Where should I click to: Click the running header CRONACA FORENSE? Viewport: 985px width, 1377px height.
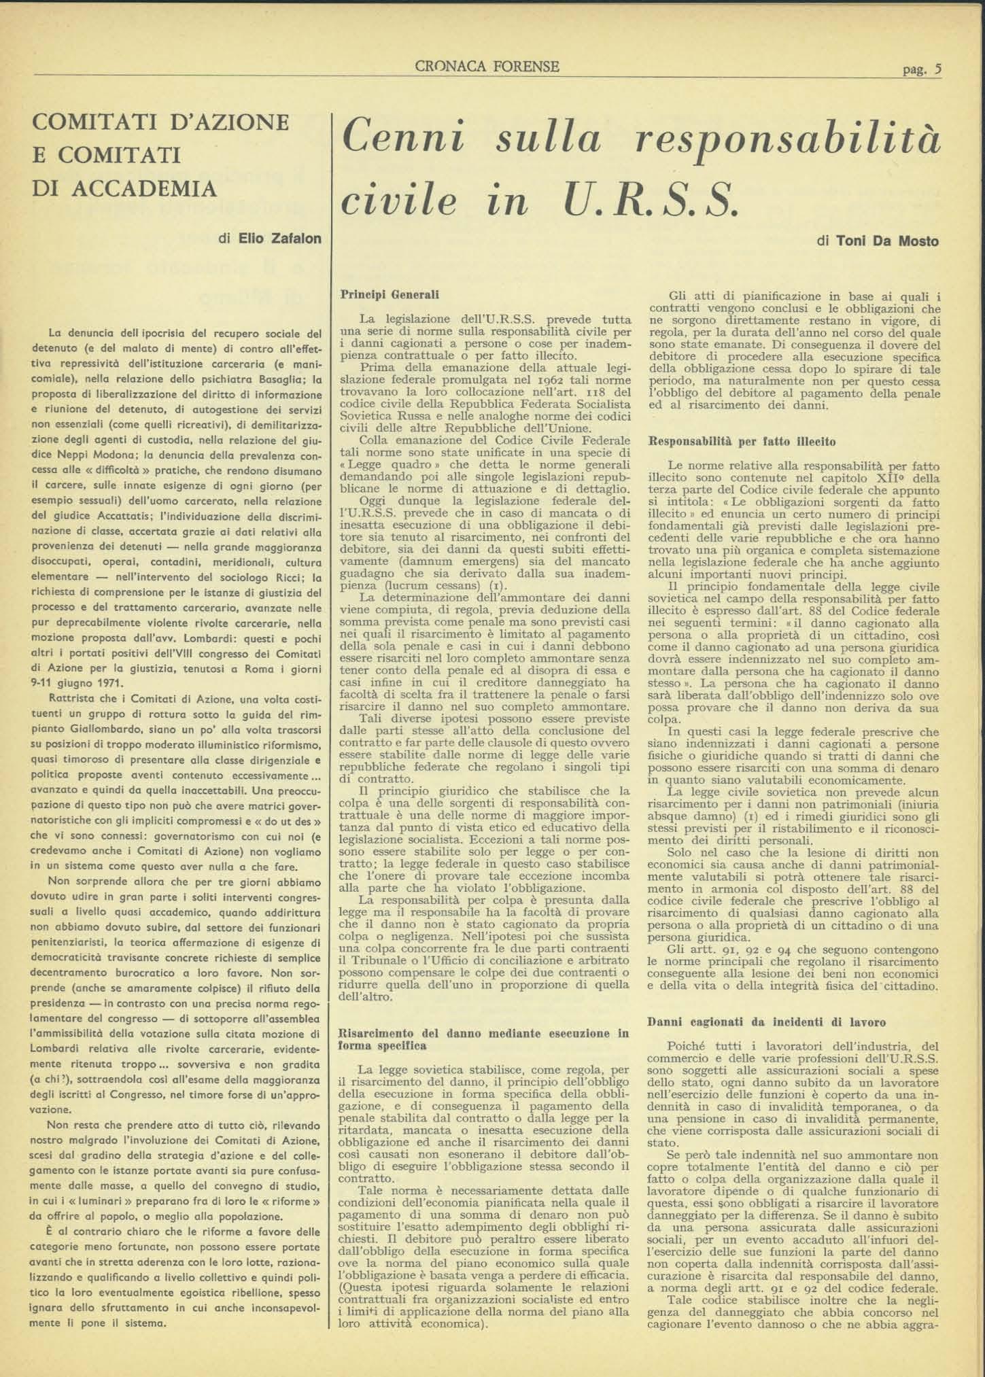click(487, 67)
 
